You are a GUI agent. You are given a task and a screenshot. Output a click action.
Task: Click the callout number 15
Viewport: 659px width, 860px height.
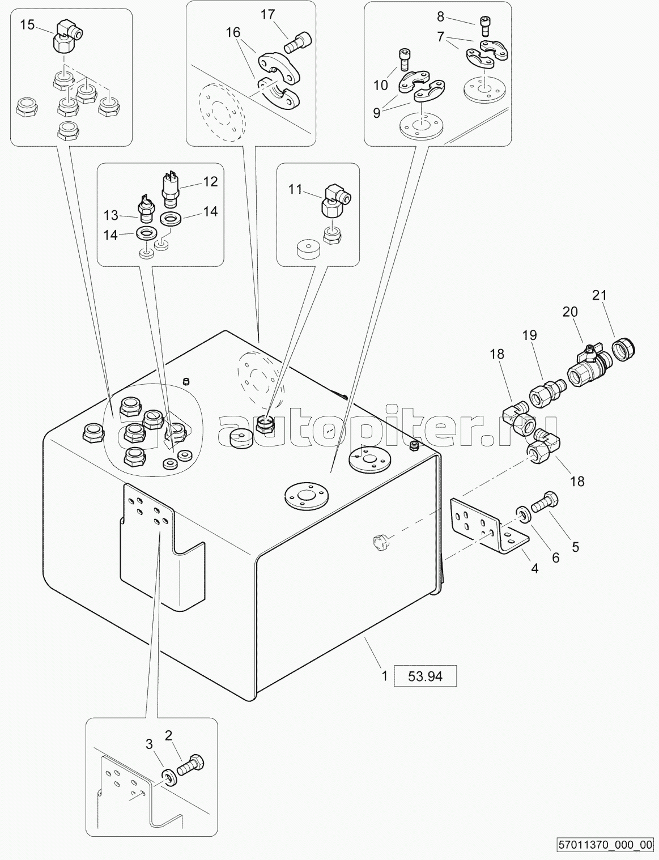click(x=27, y=24)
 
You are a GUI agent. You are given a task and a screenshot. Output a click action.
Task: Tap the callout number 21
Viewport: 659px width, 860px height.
click(x=600, y=295)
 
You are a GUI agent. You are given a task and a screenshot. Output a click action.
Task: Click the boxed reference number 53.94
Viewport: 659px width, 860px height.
click(x=424, y=675)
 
